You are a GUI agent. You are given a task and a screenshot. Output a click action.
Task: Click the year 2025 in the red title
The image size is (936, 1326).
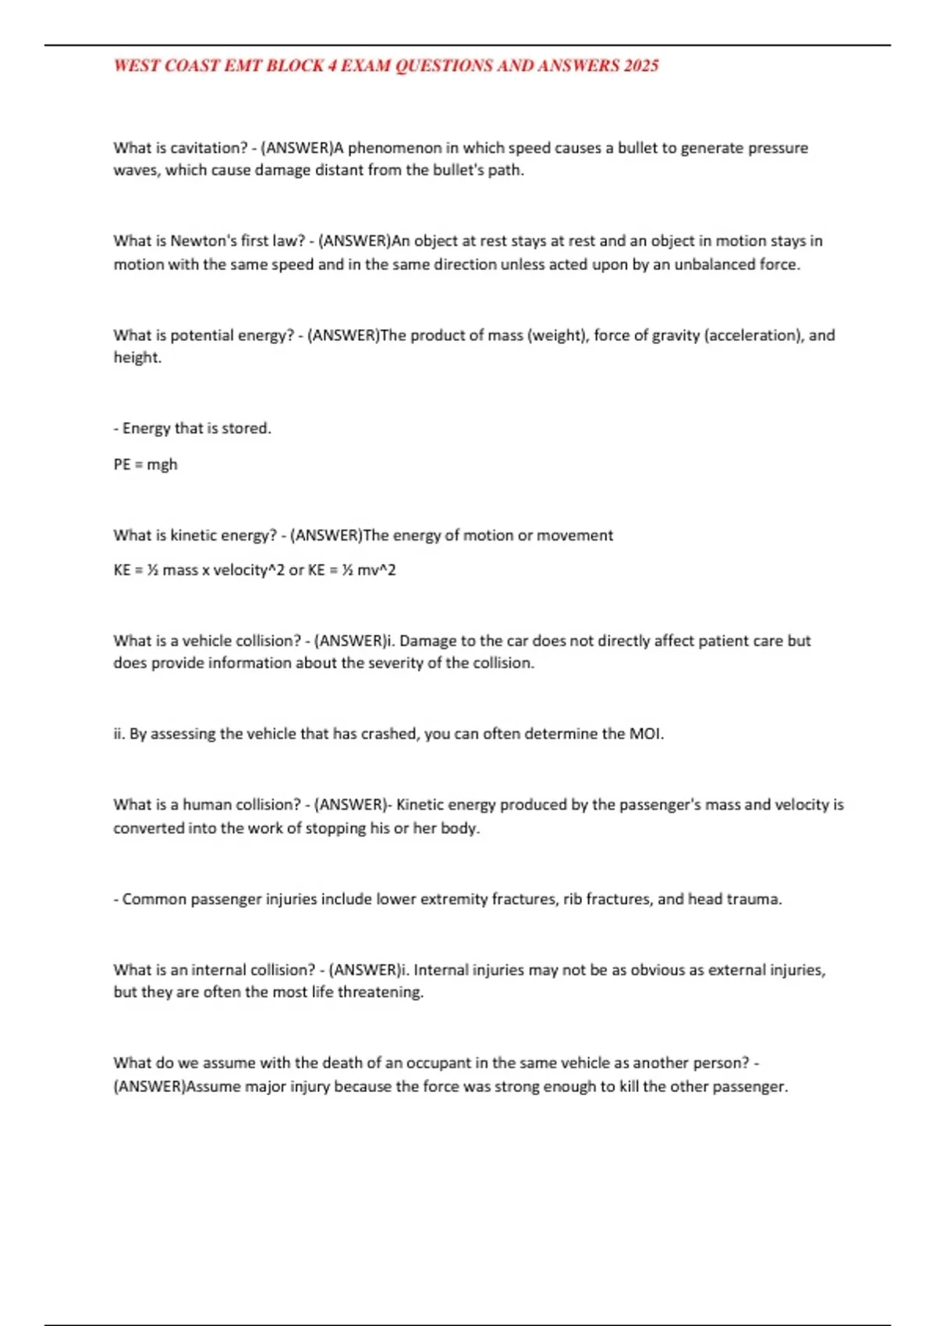[640, 66]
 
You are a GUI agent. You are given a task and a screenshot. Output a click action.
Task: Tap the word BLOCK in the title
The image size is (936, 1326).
[295, 66]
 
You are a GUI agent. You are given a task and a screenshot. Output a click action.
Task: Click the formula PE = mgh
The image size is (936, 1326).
[145, 465]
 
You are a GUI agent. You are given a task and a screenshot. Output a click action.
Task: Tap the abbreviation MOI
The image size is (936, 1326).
[646, 734]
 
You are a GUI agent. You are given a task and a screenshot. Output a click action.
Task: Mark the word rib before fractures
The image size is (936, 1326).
[573, 899]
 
